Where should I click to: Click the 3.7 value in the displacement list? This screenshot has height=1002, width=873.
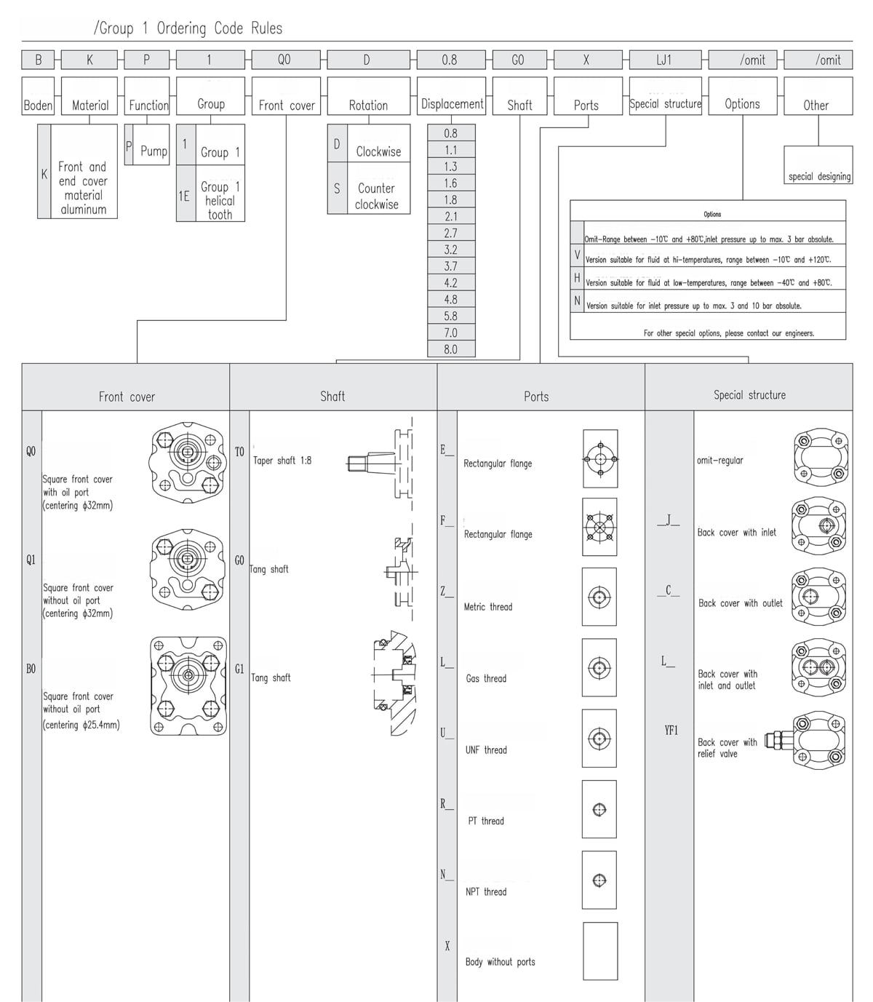451,266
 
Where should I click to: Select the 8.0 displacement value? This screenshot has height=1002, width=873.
451,349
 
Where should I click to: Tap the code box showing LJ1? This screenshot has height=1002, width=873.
664,60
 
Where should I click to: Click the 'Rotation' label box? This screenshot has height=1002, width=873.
368,105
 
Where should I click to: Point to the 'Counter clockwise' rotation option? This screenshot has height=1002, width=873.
377,196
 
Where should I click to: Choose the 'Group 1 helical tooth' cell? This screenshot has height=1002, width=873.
220,200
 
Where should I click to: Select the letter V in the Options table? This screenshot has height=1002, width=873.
578,255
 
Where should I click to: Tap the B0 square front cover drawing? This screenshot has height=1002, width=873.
188,685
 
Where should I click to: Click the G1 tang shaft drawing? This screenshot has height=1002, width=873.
394,683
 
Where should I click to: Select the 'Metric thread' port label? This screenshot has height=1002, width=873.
488,607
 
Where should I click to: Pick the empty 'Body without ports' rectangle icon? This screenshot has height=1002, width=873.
600,950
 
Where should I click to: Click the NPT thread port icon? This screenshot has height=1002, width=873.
599,880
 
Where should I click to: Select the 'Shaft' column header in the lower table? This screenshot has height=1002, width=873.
332,396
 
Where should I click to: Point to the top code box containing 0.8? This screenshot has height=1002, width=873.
450,60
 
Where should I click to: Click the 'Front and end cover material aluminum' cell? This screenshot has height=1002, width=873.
83,188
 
